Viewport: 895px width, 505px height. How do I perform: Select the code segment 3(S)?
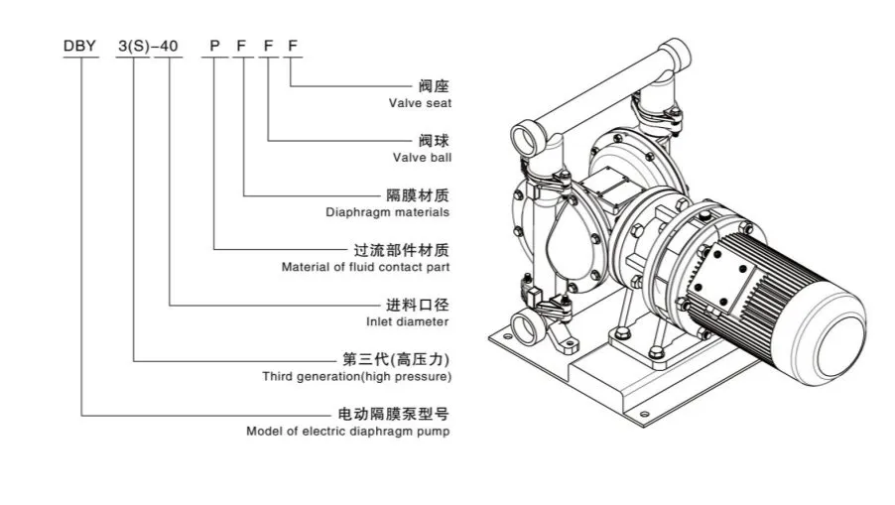(x=132, y=46)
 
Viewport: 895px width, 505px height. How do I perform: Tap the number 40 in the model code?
(x=172, y=46)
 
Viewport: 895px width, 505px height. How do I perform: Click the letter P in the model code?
(x=213, y=46)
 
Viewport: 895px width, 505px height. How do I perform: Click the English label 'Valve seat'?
(x=421, y=103)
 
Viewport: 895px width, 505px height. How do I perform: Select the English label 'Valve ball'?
(x=422, y=157)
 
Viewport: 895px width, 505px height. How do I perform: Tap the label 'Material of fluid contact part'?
(x=365, y=267)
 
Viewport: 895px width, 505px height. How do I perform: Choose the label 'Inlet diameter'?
(x=408, y=321)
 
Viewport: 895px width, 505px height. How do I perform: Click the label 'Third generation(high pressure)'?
(x=356, y=377)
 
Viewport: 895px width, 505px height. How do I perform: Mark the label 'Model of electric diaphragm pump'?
(x=347, y=432)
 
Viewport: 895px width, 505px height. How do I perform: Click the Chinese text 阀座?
(x=435, y=86)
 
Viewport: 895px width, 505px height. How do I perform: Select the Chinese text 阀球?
(x=435, y=141)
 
